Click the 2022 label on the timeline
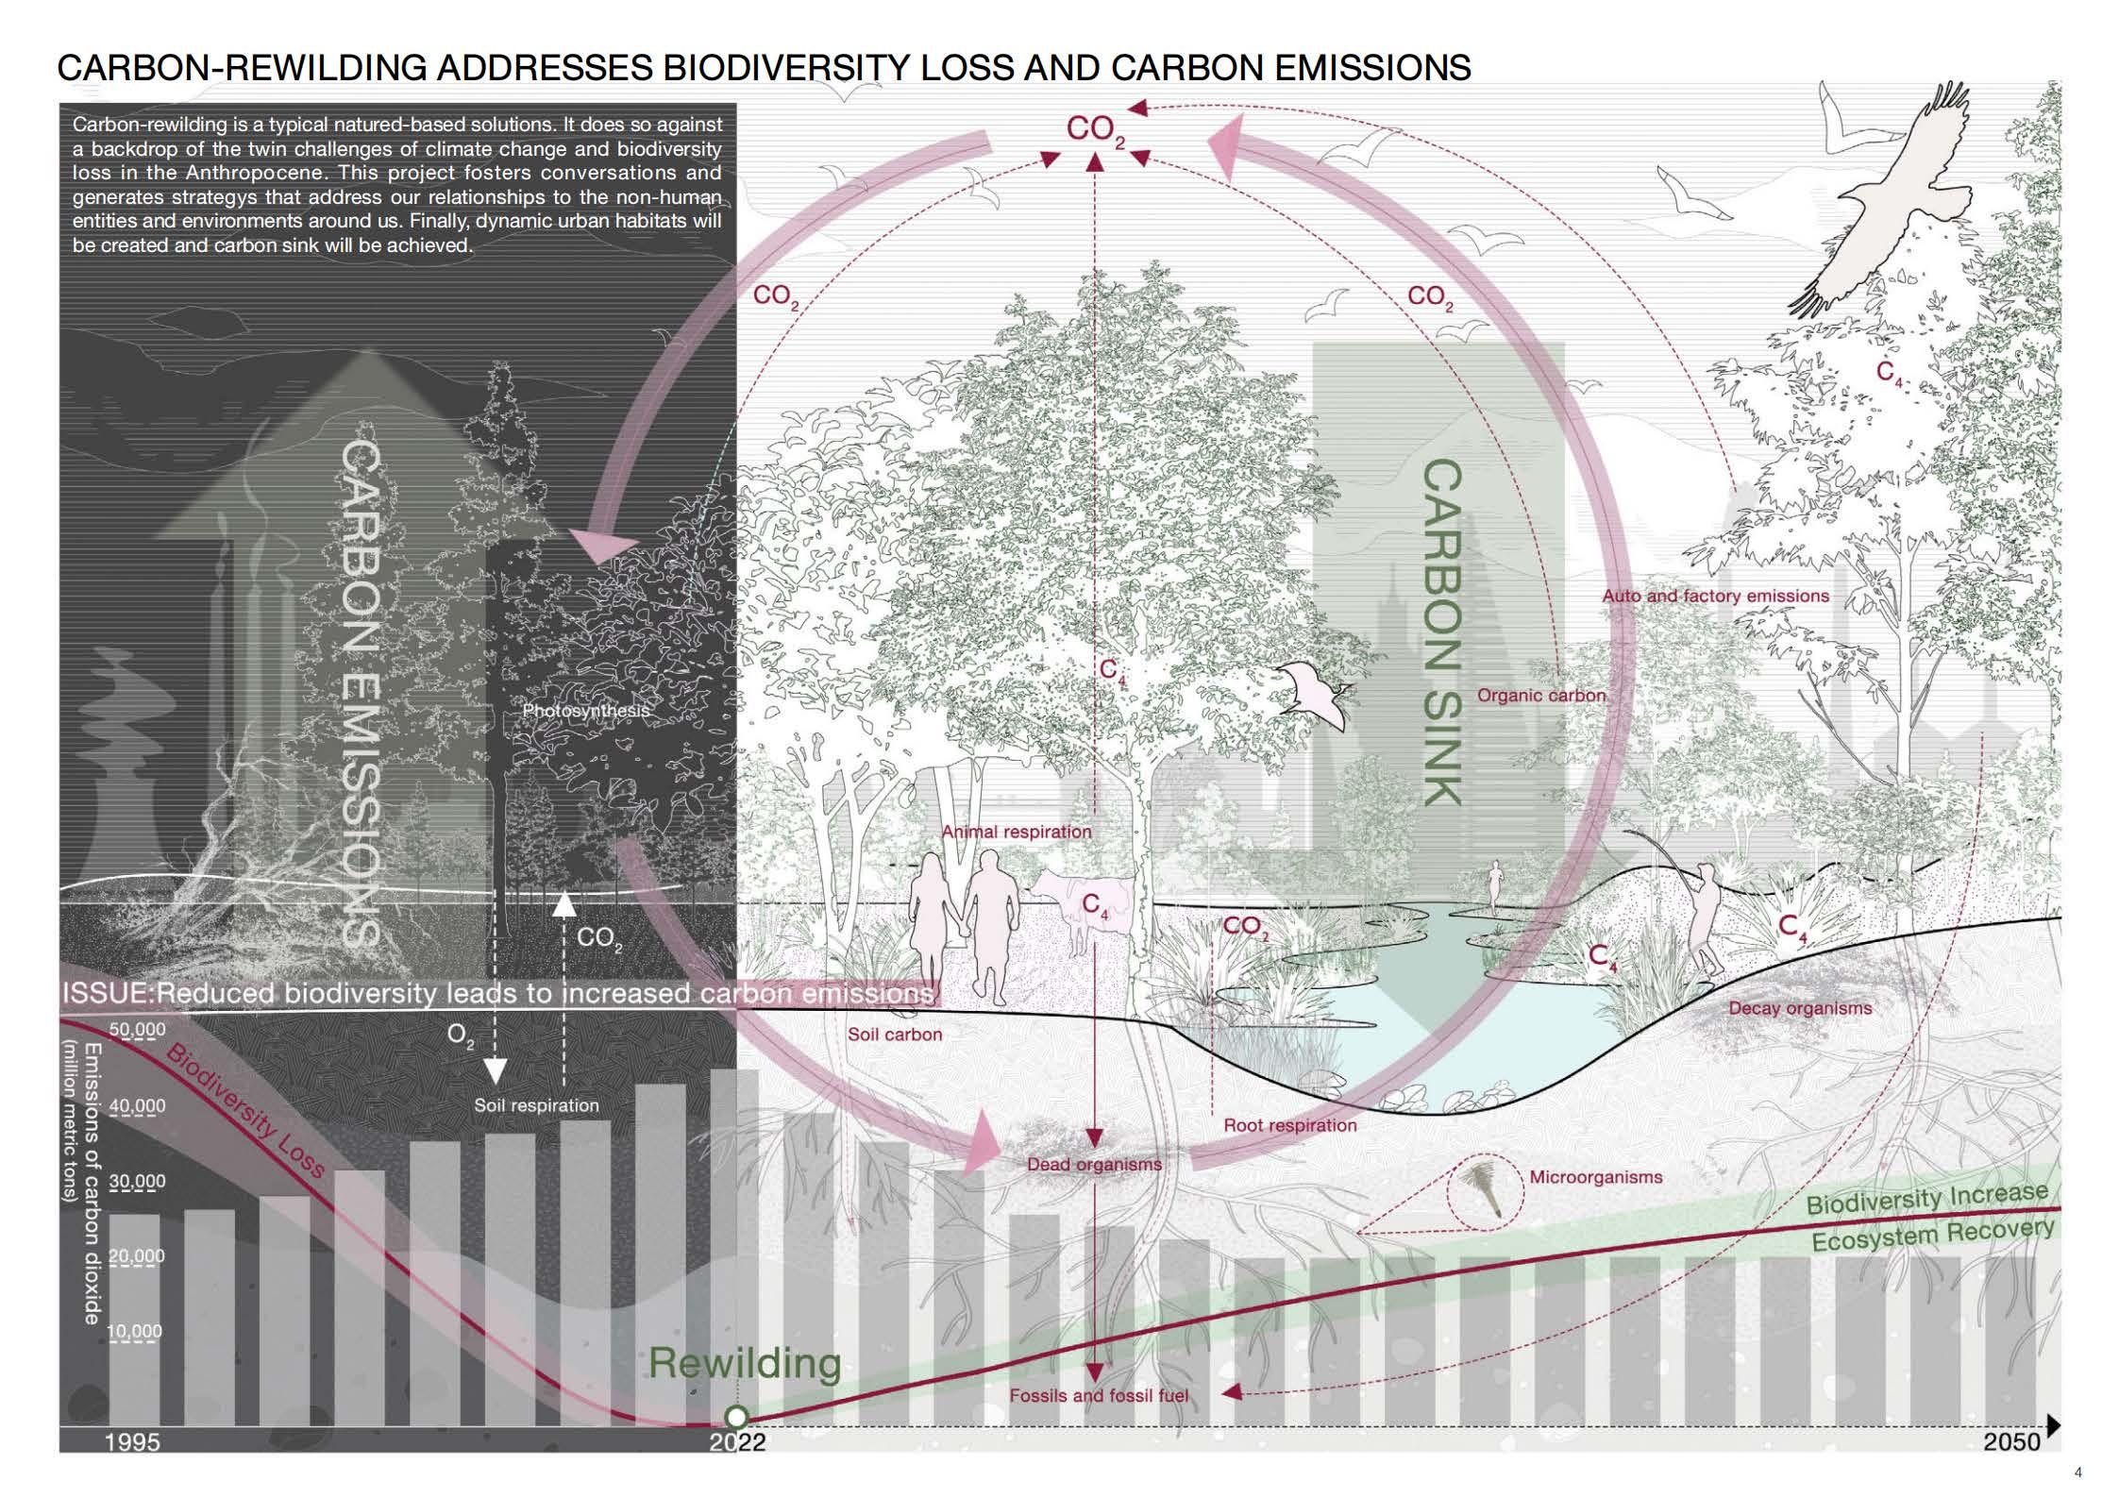point(737,1442)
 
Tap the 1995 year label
point(132,1442)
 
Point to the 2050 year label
point(2011,1441)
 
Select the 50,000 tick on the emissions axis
point(137,1030)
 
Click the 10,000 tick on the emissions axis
point(135,1332)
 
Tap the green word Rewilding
point(745,1363)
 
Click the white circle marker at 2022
point(736,1417)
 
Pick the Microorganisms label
point(1595,1177)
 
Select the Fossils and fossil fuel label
point(1099,1395)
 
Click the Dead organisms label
point(1094,1164)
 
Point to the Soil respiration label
point(536,1105)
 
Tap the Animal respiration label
point(1017,832)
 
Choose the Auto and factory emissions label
point(1715,596)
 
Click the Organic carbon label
point(1540,696)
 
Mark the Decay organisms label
point(1799,1008)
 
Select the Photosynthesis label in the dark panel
point(586,711)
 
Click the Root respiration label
point(1289,1125)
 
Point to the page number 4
point(2077,1473)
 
